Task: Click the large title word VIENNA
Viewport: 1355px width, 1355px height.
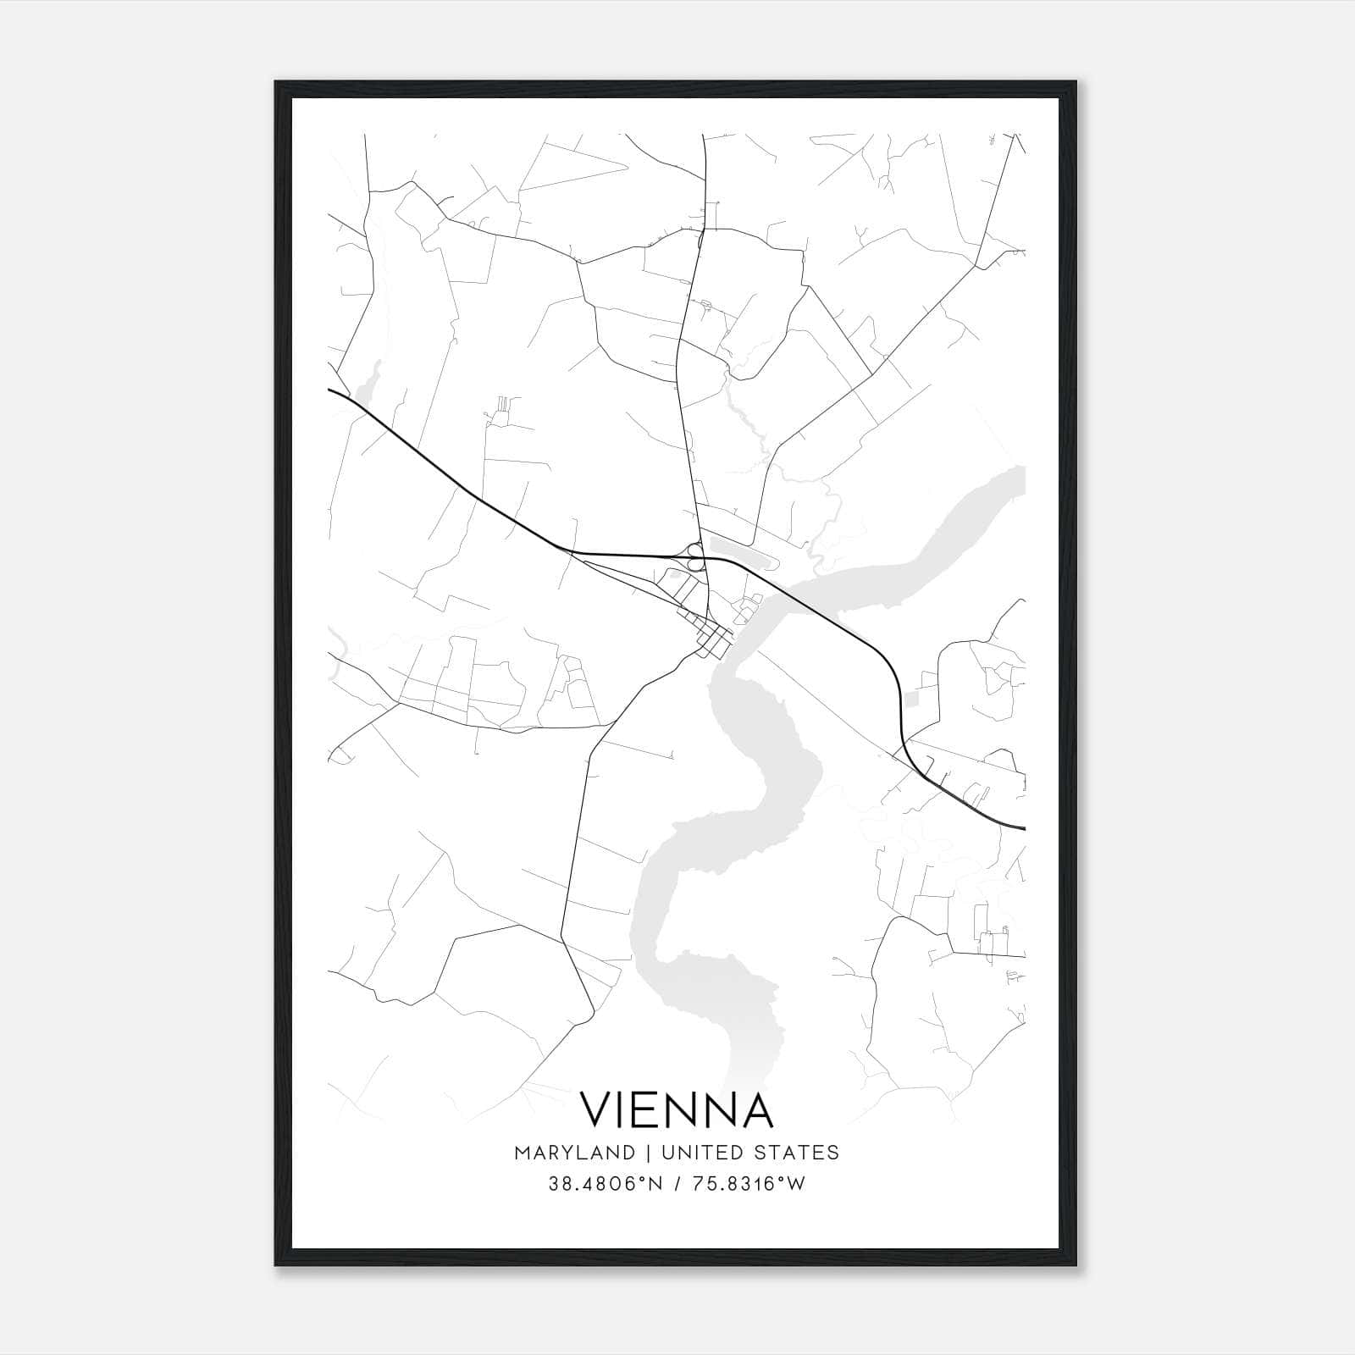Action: click(x=676, y=1109)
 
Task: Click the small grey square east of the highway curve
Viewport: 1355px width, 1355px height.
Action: click(x=911, y=699)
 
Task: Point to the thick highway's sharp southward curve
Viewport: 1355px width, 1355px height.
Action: click(x=893, y=677)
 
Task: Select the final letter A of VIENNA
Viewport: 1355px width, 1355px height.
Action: click(x=756, y=1109)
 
